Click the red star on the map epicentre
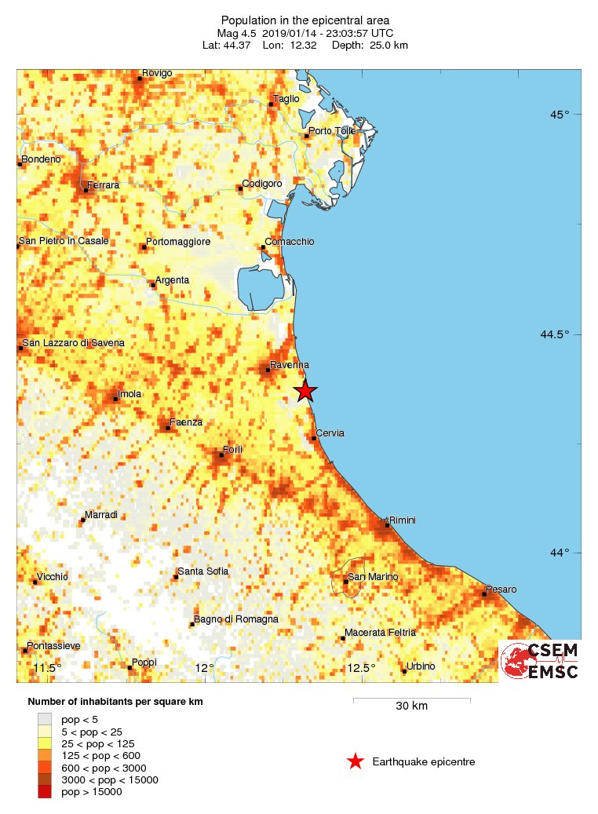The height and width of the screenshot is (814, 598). coord(304,390)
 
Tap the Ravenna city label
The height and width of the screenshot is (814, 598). coord(289,365)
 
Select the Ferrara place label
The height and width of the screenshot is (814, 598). coord(104,185)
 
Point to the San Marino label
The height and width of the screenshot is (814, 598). coord(373,577)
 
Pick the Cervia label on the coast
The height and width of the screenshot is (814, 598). coord(330,433)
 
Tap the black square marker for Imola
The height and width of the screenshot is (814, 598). coord(115,399)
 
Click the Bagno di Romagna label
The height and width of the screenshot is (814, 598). coord(236,619)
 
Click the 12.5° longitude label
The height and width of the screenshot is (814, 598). coord(362,668)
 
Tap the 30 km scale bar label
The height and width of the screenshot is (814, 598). coord(411,706)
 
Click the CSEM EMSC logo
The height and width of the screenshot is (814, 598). coord(540,661)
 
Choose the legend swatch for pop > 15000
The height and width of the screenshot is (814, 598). coord(45,791)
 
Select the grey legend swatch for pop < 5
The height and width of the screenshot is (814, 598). coord(45,718)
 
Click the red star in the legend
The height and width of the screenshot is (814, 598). coord(356,761)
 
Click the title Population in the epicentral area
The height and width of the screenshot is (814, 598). coord(305,20)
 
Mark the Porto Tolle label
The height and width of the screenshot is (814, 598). coord(333,130)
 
